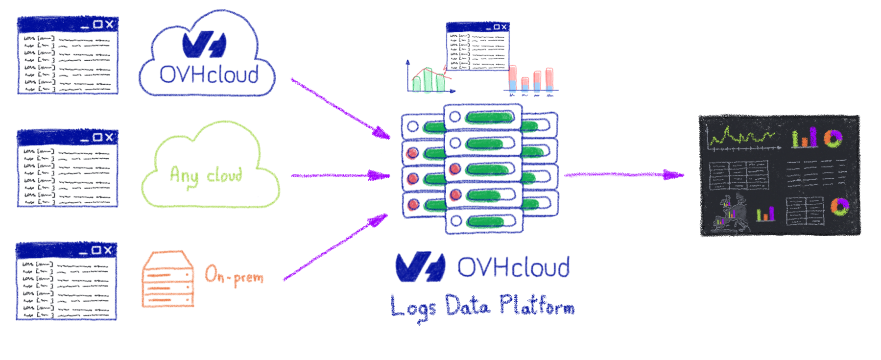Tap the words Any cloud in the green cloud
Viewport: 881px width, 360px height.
click(206, 175)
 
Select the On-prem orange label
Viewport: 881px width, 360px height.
click(234, 275)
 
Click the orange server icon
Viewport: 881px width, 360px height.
click(167, 280)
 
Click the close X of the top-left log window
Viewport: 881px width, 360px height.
click(109, 24)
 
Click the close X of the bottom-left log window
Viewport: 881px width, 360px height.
click(107, 250)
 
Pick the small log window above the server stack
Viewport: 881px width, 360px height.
click(477, 47)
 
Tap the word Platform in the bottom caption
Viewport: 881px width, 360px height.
click(537, 306)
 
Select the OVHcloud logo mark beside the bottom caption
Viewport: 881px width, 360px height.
click(420, 267)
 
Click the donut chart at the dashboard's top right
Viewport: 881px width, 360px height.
click(833, 139)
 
